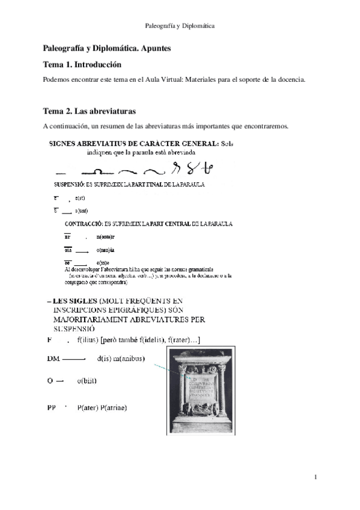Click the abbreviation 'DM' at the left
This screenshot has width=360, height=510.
[53, 359]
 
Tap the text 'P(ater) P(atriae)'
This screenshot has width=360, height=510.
[103, 408]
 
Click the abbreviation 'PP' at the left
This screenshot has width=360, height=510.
[51, 408]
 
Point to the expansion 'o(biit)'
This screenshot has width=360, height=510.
[87, 381]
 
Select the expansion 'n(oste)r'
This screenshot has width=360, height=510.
[107, 238]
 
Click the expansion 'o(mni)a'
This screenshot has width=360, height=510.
[106, 250]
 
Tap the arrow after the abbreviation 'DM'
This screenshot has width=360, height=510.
[73, 359]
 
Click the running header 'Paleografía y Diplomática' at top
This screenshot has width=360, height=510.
[180, 26]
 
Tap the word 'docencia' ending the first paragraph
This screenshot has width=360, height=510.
[290, 79]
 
